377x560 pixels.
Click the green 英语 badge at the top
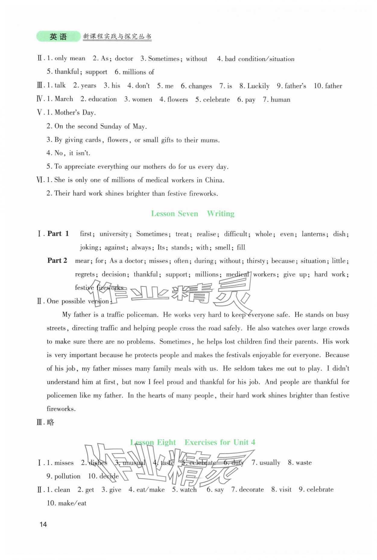click(x=58, y=37)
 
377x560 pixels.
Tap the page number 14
click(x=43, y=524)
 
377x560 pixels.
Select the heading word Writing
click(x=220, y=214)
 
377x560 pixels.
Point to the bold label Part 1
click(x=58, y=234)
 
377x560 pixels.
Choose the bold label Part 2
click(x=57, y=261)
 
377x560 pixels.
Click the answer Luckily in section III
click(x=258, y=86)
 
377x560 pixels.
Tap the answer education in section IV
click(x=102, y=99)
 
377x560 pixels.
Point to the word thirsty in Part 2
click(x=257, y=261)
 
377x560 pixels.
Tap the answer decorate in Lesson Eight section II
click(x=251, y=490)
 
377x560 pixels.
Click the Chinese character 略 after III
click(x=51, y=422)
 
